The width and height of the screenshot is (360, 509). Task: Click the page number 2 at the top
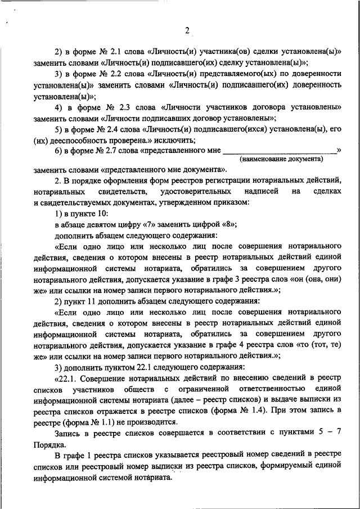[x=187, y=31]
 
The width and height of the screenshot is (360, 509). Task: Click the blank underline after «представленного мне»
[x=280, y=151]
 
